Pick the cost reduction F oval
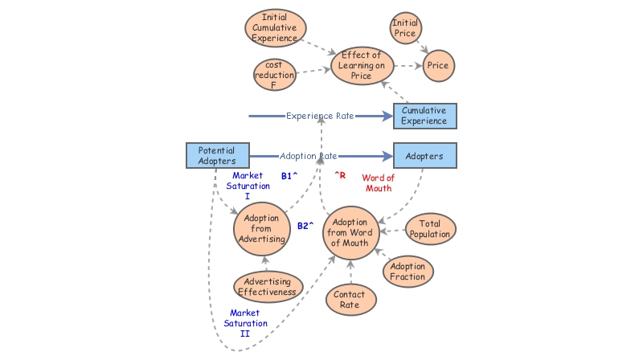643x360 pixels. tap(274, 75)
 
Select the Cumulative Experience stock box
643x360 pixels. tap(424, 116)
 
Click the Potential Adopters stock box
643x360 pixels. tap(216, 156)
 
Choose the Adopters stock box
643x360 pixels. tap(424, 156)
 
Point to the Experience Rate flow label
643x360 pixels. tap(320, 117)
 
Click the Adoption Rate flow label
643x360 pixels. tap(309, 156)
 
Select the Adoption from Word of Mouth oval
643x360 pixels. tap(350, 232)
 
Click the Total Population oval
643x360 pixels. tap(430, 228)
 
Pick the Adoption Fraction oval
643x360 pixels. tap(408, 271)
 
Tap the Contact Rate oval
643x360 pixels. tap(349, 299)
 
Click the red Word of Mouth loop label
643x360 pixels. tap(379, 183)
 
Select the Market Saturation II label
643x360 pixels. tap(248, 323)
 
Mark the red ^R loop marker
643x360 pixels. tap(339, 174)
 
